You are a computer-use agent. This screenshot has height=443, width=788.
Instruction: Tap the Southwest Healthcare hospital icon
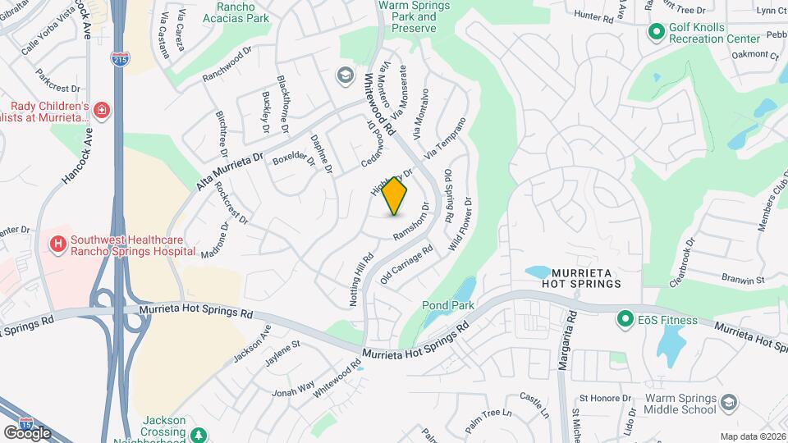pyautogui.click(x=58, y=244)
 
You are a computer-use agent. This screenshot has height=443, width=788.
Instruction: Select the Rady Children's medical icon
pyautogui.click(x=101, y=111)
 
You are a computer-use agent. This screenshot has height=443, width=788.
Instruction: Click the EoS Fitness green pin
pyautogui.click(x=624, y=320)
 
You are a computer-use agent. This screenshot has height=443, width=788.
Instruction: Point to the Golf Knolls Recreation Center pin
pyautogui.click(x=656, y=32)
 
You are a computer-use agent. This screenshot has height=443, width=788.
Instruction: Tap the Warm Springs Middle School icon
pyautogui.click(x=731, y=404)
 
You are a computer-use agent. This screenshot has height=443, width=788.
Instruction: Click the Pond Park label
pyautogui.click(x=449, y=306)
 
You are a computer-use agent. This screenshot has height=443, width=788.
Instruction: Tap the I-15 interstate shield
pyautogui.click(x=27, y=421)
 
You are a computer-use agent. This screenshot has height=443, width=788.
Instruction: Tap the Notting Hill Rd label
pyautogui.click(x=361, y=279)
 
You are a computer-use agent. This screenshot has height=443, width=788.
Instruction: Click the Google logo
pyautogui.click(x=26, y=432)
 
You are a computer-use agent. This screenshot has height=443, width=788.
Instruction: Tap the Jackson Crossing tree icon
pyautogui.click(x=197, y=433)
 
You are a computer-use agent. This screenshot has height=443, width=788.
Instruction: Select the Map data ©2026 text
pyautogui.click(x=753, y=436)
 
